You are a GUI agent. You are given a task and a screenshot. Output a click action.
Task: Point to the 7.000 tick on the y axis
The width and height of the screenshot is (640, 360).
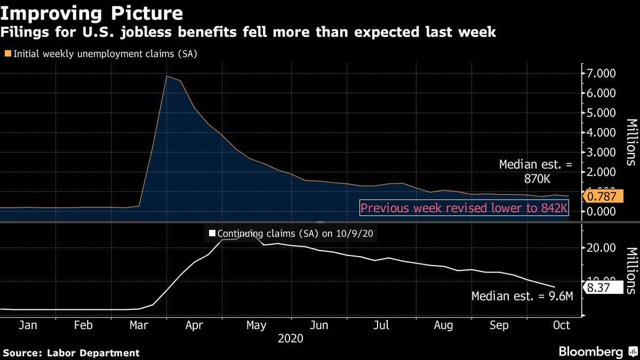[602, 73]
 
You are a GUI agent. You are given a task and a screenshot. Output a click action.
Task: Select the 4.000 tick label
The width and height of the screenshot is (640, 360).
[602, 133]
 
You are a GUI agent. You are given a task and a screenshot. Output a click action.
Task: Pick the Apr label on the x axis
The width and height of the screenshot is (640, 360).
[194, 325]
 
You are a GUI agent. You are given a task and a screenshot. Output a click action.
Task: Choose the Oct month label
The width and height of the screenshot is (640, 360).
[562, 325]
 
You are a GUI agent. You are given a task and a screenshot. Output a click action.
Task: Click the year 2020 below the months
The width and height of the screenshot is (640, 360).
[290, 339]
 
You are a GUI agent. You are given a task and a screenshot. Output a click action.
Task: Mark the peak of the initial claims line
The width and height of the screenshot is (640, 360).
[167, 76]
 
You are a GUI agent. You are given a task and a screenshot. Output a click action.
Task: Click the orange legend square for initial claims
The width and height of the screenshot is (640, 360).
[7, 53]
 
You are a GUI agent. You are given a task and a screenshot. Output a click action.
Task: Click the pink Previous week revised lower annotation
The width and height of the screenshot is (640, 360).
[463, 207]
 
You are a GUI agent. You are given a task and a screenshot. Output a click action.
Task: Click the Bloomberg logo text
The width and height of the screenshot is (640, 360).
[590, 352]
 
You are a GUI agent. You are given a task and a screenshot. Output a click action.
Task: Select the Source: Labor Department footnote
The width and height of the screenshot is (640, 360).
[71, 353]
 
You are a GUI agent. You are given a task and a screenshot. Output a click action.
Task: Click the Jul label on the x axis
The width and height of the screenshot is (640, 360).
[381, 325]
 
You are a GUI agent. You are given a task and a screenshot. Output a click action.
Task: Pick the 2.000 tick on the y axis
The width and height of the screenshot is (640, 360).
[602, 172]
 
